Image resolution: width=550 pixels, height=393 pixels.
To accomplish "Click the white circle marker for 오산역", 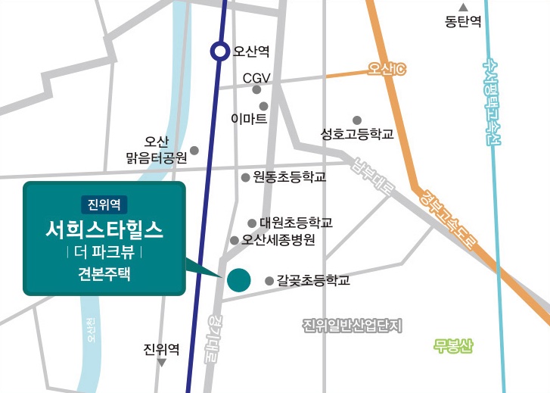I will click(x=219, y=51).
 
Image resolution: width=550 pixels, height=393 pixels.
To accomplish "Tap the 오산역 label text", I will click(x=251, y=52).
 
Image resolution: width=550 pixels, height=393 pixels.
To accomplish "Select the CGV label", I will click(x=256, y=78).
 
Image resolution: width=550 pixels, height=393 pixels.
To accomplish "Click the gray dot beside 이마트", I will click(x=263, y=106).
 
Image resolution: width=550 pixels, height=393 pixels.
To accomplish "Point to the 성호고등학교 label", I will click(x=357, y=135).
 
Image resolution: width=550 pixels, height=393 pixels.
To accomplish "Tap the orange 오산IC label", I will click(x=387, y=70).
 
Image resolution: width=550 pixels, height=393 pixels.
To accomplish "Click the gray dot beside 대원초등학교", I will click(x=252, y=223).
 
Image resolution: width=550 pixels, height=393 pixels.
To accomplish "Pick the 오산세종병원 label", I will click(x=278, y=240).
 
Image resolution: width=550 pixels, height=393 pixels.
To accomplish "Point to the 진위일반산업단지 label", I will click(x=353, y=326).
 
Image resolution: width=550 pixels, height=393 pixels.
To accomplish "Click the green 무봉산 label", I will click(x=453, y=348).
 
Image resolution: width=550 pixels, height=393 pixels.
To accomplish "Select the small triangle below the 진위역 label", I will click(x=161, y=363).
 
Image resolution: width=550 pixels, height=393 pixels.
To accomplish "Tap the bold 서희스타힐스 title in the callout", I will click(x=104, y=228).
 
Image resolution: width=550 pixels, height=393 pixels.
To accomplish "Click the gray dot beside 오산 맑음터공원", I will click(x=194, y=150).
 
